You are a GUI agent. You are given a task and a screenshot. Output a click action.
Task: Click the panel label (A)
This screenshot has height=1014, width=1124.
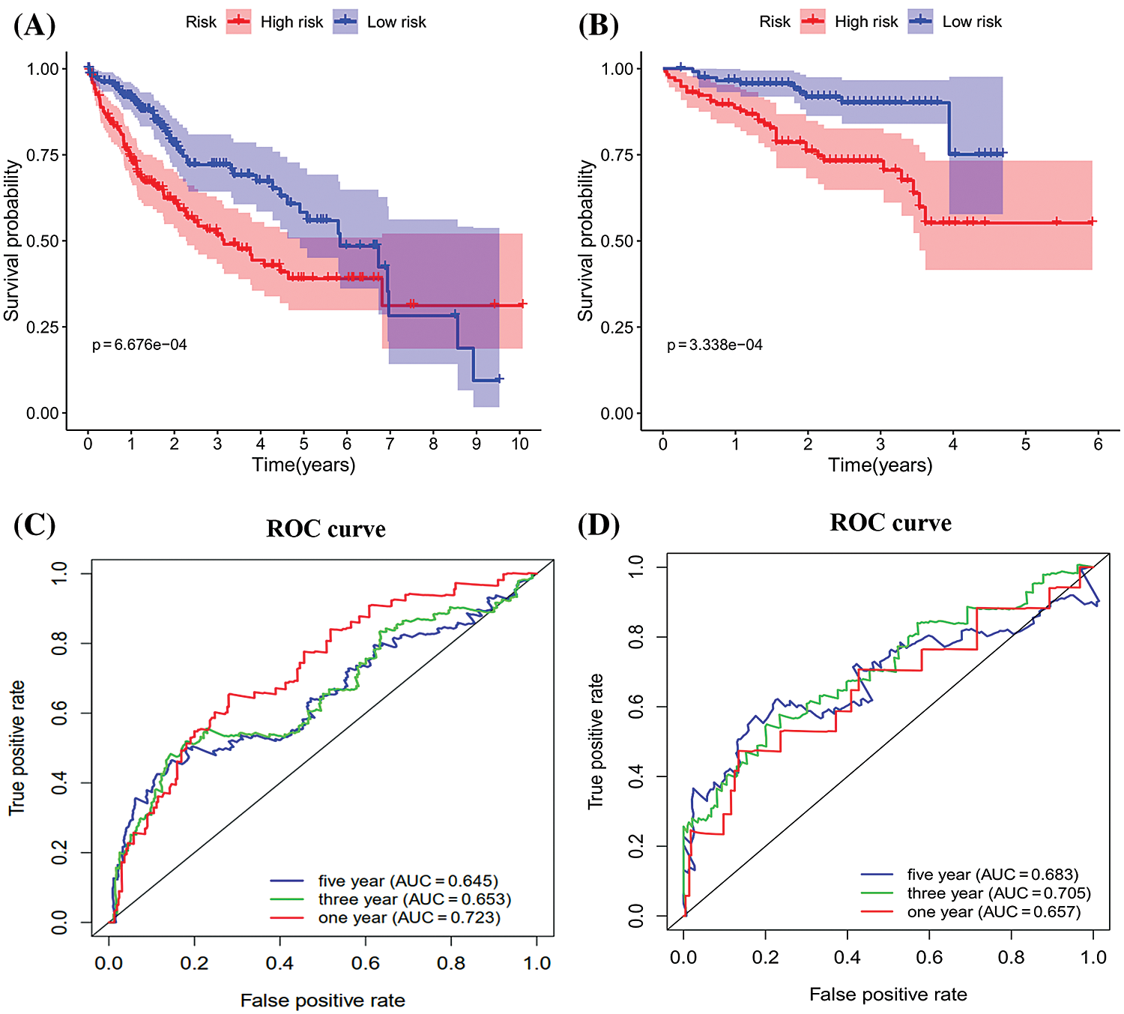pyautogui.click(x=34, y=25)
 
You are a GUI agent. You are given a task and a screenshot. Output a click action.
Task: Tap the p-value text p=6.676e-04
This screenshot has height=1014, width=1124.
pyautogui.click(x=139, y=345)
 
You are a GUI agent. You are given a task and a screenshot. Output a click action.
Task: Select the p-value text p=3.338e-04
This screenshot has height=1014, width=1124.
pyautogui.click(x=715, y=345)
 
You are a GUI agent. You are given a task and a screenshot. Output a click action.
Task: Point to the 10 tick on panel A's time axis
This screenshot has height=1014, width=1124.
pyautogui.click(x=520, y=444)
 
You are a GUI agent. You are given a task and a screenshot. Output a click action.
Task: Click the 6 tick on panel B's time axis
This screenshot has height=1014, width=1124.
pyautogui.click(x=1098, y=444)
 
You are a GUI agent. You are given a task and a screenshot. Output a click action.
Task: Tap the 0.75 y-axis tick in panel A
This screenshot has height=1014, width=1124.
pyautogui.click(x=43, y=155)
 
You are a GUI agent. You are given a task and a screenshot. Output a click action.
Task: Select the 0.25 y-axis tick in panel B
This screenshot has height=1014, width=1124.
pyautogui.click(x=617, y=328)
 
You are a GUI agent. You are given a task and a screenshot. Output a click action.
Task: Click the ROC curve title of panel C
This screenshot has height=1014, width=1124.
pyautogui.click(x=326, y=529)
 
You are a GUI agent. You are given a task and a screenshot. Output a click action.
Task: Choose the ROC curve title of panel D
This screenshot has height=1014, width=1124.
pyautogui.click(x=890, y=523)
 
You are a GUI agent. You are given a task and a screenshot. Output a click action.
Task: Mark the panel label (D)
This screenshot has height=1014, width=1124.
pyautogui.click(x=599, y=525)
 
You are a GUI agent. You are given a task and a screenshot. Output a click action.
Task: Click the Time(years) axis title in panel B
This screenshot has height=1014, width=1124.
pyautogui.click(x=880, y=465)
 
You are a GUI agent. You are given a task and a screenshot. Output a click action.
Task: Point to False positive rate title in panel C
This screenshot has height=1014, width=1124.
pyautogui.click(x=322, y=1001)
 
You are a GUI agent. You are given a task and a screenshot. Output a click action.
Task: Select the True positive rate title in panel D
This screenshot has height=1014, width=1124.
pyautogui.click(x=596, y=740)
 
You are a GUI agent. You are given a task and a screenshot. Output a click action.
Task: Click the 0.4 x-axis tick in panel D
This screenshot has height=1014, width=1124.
pyautogui.click(x=847, y=957)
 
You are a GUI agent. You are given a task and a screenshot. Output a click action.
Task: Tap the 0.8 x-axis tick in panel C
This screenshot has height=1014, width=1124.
pyautogui.click(x=451, y=963)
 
